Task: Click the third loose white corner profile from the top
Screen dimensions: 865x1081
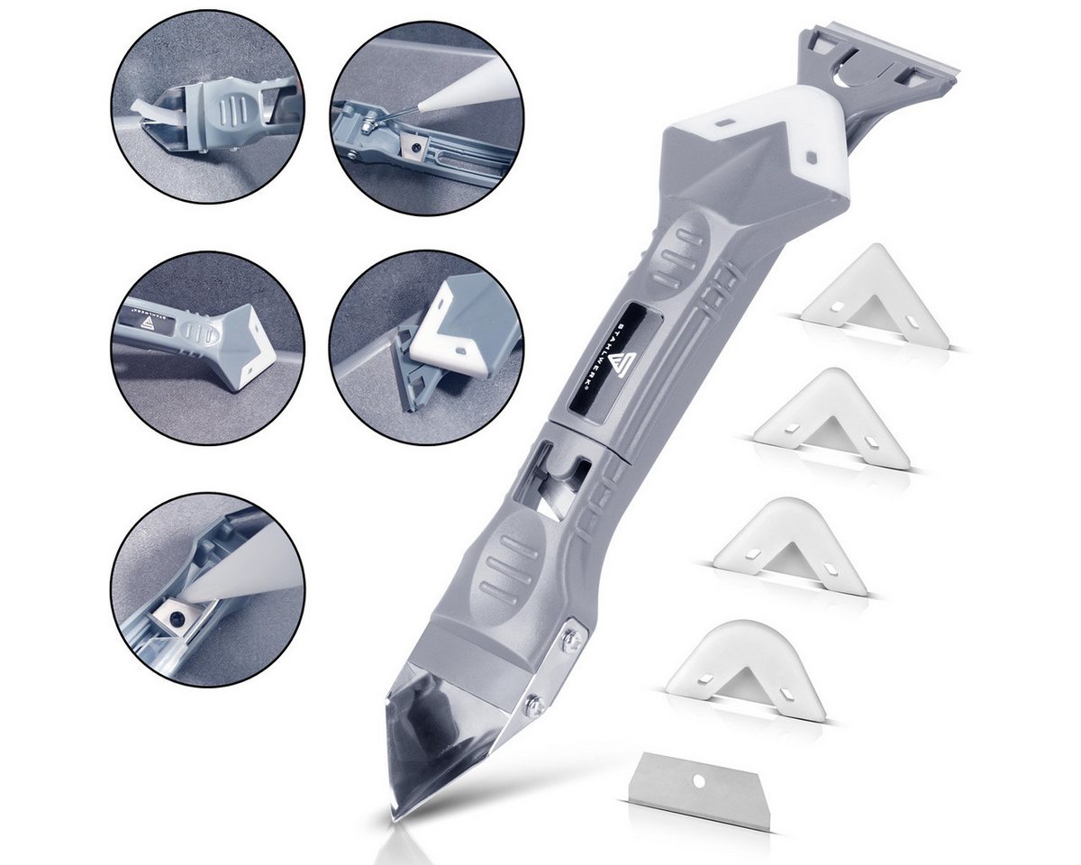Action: coord(793,541)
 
